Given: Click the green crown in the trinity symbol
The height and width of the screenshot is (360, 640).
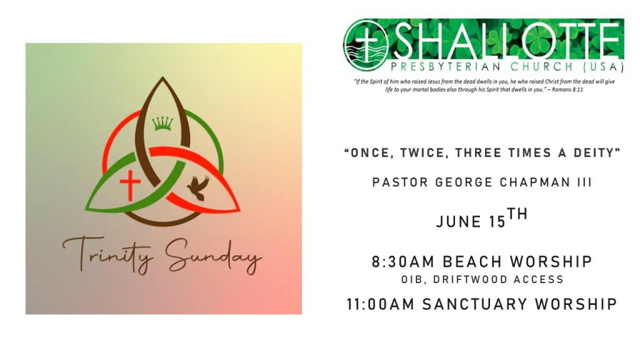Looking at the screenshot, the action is (x=162, y=123).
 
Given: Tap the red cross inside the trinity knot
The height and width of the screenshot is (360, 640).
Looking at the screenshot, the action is (x=130, y=185).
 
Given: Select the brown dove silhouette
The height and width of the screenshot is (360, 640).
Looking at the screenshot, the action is (x=198, y=187).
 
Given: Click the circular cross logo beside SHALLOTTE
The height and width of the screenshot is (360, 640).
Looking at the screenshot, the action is (x=366, y=45).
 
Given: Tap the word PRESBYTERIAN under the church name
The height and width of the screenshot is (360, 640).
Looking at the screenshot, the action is (x=446, y=66).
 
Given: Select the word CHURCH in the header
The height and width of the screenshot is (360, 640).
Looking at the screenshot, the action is (x=542, y=66).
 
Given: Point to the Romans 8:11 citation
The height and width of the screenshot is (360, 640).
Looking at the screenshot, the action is (x=567, y=89).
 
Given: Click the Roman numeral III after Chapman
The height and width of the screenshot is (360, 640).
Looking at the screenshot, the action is (x=584, y=182).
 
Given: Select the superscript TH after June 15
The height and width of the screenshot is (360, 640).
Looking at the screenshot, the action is (x=517, y=214).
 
